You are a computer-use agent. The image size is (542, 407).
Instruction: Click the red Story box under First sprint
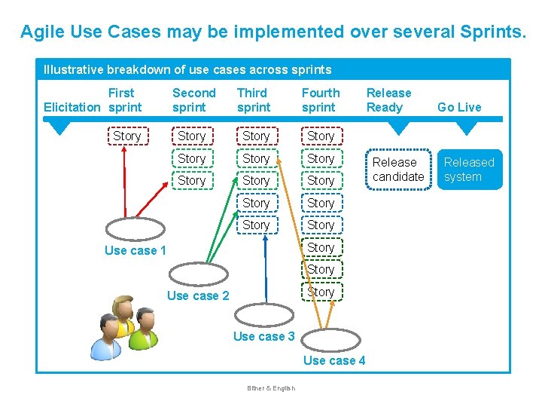click(x=126, y=136)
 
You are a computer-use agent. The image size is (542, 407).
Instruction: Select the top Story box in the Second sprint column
click(x=191, y=136)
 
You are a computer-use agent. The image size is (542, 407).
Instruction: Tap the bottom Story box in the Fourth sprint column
click(x=320, y=292)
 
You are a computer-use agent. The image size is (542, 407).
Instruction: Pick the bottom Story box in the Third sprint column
click(x=256, y=225)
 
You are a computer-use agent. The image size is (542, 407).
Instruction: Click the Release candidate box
click(x=398, y=170)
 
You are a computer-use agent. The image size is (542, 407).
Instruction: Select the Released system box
click(x=469, y=170)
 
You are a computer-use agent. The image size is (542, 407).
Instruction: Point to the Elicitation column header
click(x=72, y=107)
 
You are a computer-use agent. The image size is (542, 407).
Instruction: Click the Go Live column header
click(x=459, y=107)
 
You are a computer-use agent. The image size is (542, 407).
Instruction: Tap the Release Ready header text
click(x=388, y=100)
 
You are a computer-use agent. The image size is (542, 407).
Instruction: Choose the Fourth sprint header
click(x=321, y=100)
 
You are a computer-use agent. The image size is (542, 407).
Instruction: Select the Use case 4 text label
click(x=334, y=360)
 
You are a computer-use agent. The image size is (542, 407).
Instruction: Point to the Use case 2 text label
click(x=197, y=295)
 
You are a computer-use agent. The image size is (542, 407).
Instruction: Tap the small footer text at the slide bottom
click(x=271, y=388)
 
